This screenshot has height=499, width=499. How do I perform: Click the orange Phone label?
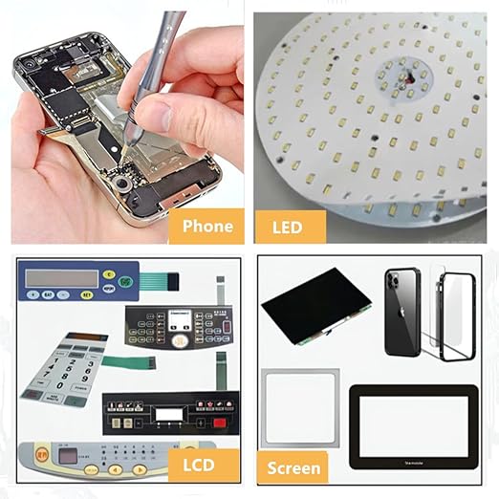pyautogui.click(x=206, y=226)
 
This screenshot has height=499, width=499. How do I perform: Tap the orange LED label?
pyautogui.click(x=290, y=227)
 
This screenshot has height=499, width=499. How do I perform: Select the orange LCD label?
pyautogui.click(x=198, y=466)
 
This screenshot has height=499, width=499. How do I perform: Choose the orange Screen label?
pyautogui.click(x=293, y=468)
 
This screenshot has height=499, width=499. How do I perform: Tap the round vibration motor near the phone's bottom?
pyautogui.click(x=121, y=181)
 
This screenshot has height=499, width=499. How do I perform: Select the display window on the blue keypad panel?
pyautogui.click(x=62, y=278)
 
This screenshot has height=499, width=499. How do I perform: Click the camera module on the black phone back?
pyautogui.click(x=394, y=281)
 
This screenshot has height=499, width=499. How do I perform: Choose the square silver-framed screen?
pyautogui.click(x=300, y=407)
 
